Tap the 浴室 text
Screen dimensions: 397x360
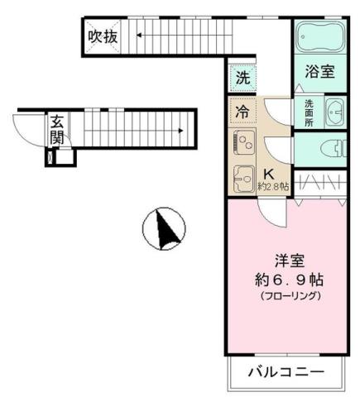tap(320, 71)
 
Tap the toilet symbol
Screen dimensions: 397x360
tap(328, 150)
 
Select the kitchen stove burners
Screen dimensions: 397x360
tap(244, 142)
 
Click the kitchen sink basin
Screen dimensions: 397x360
tap(244, 177)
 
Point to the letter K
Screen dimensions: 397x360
tap(268, 174)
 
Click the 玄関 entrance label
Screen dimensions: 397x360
tap(56, 129)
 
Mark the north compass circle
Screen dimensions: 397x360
tap(164, 229)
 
